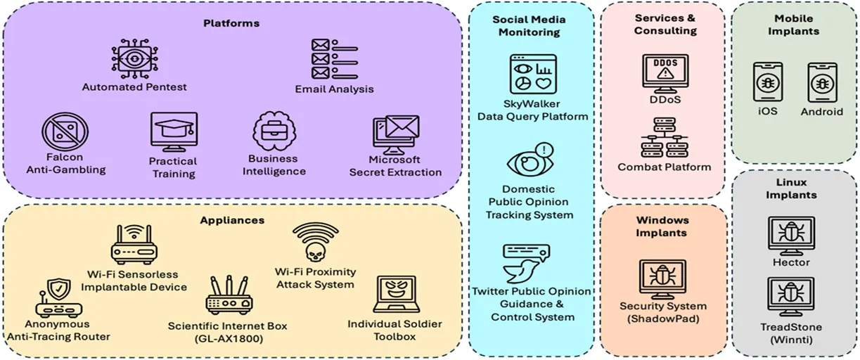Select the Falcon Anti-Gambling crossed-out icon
[x=65, y=131]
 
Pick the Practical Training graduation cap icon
[x=173, y=131]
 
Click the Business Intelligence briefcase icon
[x=274, y=131]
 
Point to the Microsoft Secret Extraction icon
[x=395, y=134]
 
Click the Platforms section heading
[x=231, y=23]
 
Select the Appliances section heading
[x=231, y=220]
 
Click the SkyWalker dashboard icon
[x=532, y=75]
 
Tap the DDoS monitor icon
[x=665, y=72]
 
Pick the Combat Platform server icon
[x=664, y=138]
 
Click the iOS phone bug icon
[x=768, y=84]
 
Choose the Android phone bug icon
[x=821, y=84]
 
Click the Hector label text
[x=791, y=263]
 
